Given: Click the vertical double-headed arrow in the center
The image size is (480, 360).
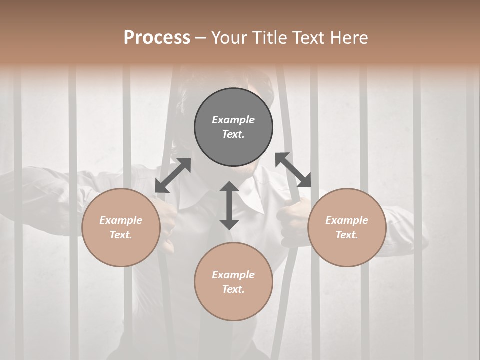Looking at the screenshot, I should [x=229, y=205].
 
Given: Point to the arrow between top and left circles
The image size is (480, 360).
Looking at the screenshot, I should [x=173, y=175].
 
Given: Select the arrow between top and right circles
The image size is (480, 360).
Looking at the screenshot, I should [x=293, y=170].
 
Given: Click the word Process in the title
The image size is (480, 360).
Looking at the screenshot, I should [x=157, y=37].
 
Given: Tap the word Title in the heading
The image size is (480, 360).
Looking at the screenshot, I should [x=271, y=37].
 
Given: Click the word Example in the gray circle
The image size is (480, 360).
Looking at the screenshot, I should [x=233, y=120].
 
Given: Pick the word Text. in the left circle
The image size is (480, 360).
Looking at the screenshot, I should [x=121, y=235].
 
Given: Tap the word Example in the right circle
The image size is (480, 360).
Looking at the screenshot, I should [x=347, y=220].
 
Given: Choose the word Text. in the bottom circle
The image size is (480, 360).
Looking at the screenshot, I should [x=233, y=289].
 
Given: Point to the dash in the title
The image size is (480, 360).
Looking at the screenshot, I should [x=201, y=38].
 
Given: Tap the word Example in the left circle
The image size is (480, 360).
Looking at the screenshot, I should [x=121, y=220].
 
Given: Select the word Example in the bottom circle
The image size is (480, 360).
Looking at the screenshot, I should [x=233, y=275].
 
